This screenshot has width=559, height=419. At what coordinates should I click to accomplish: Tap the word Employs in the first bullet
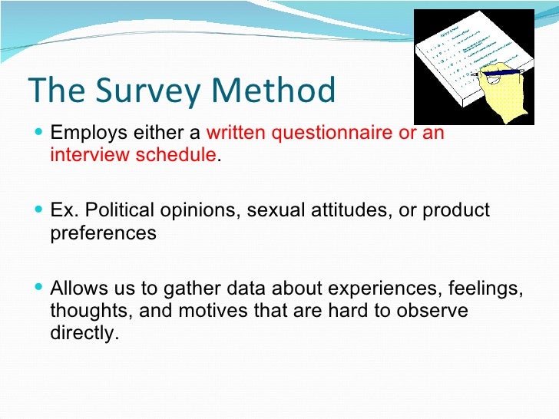[84, 133]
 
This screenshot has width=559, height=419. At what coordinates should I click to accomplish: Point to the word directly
[85, 333]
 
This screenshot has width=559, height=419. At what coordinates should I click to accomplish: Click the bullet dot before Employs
[40, 133]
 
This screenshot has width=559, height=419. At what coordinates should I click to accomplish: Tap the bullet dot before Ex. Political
[40, 210]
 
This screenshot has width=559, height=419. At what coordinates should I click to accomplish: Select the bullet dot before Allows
[40, 289]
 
